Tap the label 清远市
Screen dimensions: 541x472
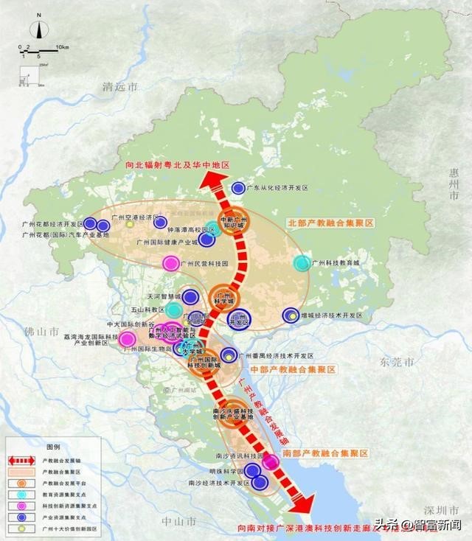(121, 87)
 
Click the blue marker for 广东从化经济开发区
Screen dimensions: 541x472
(238, 188)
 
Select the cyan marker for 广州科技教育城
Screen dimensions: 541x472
(301, 262)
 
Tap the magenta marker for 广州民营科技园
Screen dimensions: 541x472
(170, 262)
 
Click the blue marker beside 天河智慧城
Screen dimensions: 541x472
(190, 297)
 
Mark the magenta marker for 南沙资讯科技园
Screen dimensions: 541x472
(271, 461)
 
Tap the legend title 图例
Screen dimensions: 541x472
(52, 447)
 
